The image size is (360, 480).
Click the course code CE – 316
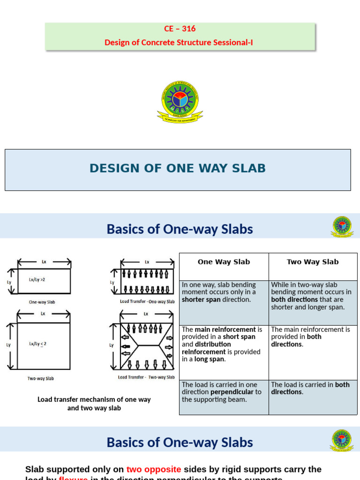[180, 29]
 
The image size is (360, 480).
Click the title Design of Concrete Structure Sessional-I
[180, 43]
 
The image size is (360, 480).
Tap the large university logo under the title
[180, 101]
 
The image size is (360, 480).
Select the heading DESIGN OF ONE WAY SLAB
[178, 168]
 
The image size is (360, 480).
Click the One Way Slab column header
[224, 262]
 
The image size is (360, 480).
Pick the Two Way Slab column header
[313, 262]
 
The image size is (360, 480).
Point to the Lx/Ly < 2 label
[37, 344]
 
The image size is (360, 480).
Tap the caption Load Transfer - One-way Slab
[147, 301]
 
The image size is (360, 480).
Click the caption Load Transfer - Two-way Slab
[146, 377]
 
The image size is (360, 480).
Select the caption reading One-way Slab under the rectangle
[42, 302]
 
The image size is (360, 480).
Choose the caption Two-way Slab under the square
[40, 378]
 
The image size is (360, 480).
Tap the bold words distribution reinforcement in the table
[206, 348]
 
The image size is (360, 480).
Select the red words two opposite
[154, 469]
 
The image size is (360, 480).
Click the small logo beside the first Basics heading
[342, 226]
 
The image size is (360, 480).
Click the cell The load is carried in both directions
[310, 388]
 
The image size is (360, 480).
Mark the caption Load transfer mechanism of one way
[94, 399]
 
